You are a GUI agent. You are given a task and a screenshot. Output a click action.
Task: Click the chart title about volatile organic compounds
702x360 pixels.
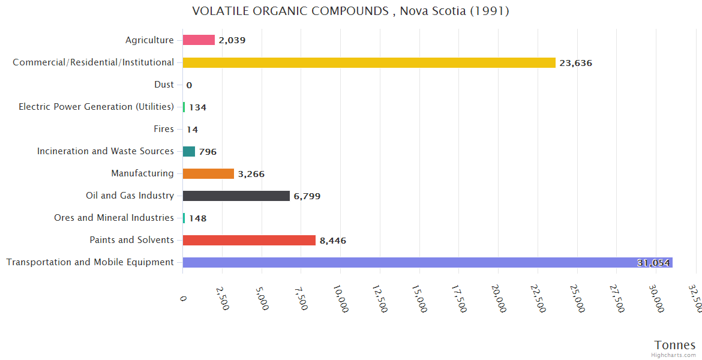(x=350, y=11)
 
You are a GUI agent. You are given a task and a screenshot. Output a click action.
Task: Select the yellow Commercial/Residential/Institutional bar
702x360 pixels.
(x=369, y=62)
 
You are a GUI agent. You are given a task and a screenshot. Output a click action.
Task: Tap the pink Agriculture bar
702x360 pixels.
(x=199, y=40)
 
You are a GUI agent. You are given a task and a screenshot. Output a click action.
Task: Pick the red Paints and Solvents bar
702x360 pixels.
(x=249, y=240)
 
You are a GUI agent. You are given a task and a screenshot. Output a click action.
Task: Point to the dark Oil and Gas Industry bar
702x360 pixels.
(x=236, y=196)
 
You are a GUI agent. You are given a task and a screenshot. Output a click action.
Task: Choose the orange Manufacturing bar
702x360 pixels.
(x=208, y=173)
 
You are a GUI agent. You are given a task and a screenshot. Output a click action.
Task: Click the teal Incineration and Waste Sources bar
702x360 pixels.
(x=189, y=151)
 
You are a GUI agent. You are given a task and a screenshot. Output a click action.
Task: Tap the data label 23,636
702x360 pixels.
(x=575, y=63)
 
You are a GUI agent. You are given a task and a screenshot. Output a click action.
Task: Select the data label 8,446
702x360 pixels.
(x=332, y=241)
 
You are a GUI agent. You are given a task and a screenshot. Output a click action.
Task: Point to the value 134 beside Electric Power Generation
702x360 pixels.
(x=197, y=107)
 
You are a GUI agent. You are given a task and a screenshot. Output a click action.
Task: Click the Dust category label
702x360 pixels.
(x=164, y=85)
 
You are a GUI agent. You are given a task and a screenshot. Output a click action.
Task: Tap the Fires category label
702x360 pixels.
(x=164, y=129)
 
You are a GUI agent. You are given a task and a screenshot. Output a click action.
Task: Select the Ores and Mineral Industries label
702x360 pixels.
(x=114, y=218)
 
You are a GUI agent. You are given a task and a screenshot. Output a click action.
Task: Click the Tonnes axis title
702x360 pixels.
(x=674, y=345)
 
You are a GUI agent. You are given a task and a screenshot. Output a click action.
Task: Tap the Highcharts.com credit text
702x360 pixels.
(x=674, y=355)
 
